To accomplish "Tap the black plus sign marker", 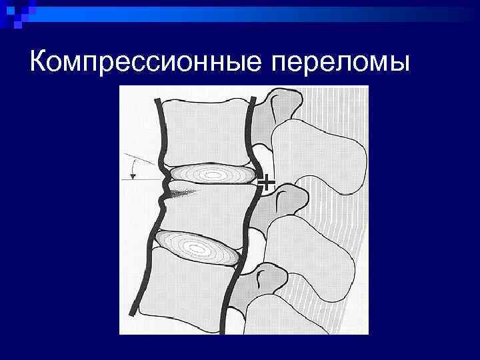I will tap(266, 182).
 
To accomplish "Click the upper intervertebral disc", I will tap(213, 175).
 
